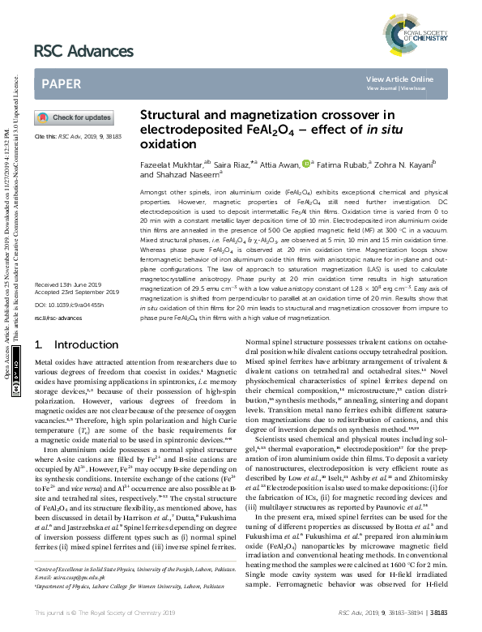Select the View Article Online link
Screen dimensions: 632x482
point(399,79)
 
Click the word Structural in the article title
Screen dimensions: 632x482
point(173,115)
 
